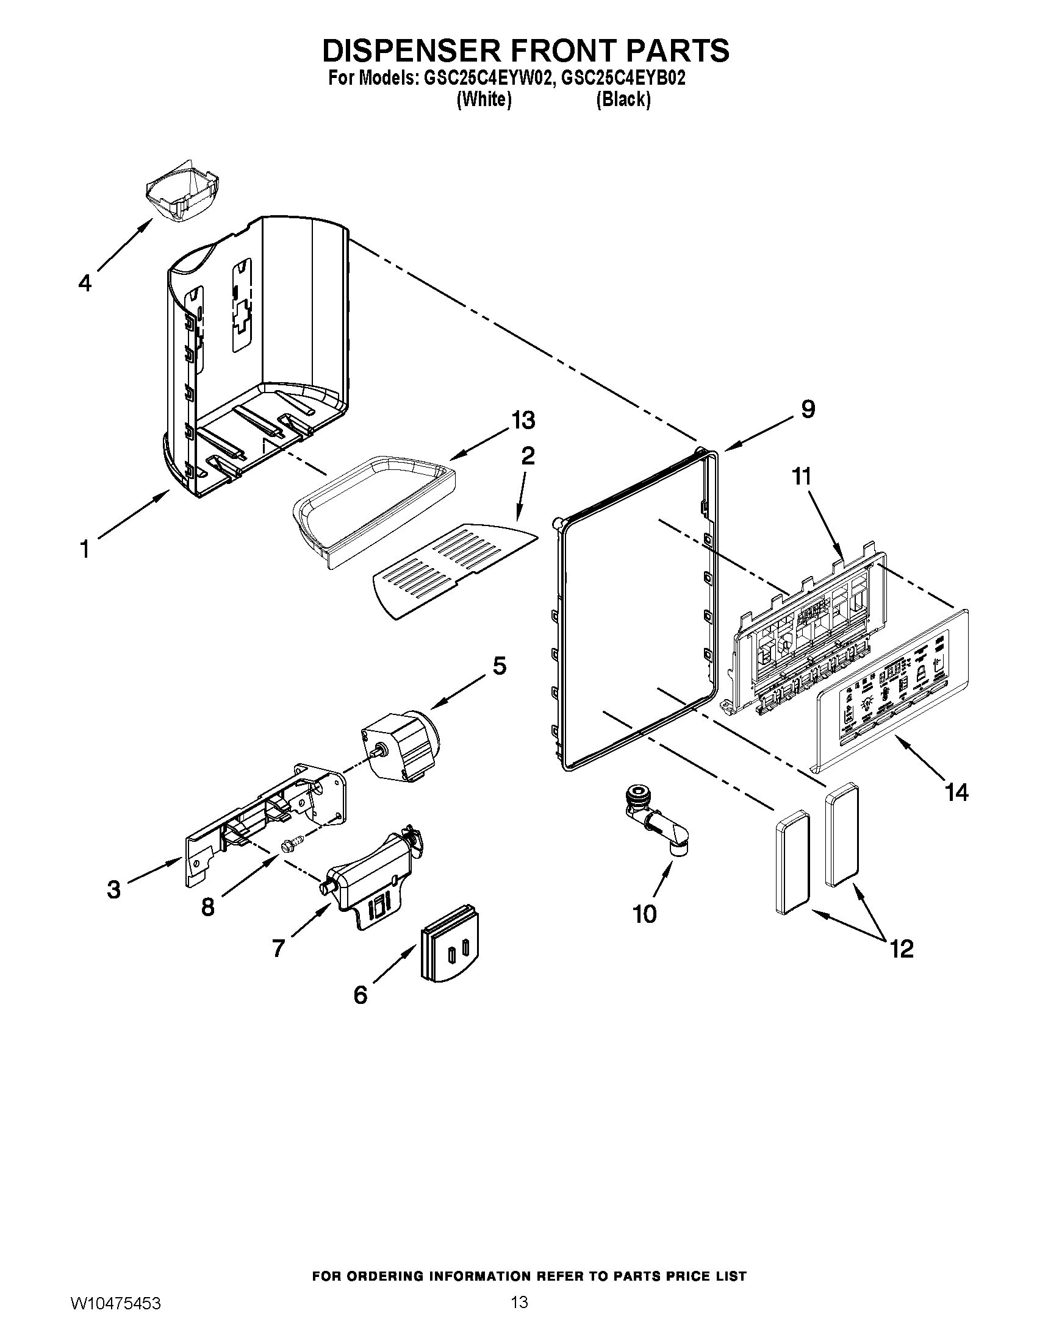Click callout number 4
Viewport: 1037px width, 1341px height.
pos(85,283)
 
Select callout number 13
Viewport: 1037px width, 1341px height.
pos(523,421)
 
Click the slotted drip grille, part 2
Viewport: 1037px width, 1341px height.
pos(452,571)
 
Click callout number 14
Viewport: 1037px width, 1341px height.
pos(956,792)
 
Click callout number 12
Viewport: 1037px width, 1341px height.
pos(902,949)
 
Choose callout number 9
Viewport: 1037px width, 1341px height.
pos(808,409)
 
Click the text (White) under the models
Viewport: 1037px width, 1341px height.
pos(484,99)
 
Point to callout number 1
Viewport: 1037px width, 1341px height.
pos(85,549)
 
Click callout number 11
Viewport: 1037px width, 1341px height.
pos(801,477)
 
